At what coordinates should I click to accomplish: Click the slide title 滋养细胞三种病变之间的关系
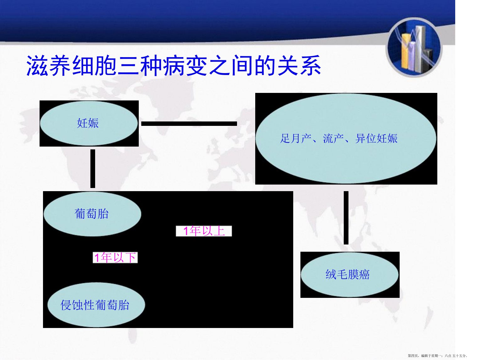[174, 66]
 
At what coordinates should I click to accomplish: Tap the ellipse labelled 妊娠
[89, 123]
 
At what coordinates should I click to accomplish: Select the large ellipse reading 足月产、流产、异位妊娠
[346, 139]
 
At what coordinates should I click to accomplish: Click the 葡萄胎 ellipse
[92, 214]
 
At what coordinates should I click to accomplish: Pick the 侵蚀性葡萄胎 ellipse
[96, 305]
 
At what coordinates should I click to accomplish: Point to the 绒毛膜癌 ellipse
[349, 275]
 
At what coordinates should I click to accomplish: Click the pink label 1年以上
[204, 231]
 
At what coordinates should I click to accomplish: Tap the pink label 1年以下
[115, 257]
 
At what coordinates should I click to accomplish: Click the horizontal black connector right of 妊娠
[189, 124]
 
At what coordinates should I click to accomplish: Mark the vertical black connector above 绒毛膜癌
[346, 218]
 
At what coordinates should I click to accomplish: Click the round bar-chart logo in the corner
[414, 47]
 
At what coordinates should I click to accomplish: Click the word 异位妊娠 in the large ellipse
[376, 139]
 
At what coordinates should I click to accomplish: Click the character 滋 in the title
[37, 66]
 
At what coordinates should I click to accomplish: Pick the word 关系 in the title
[299, 66]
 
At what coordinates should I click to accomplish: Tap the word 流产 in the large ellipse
[333, 139]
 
